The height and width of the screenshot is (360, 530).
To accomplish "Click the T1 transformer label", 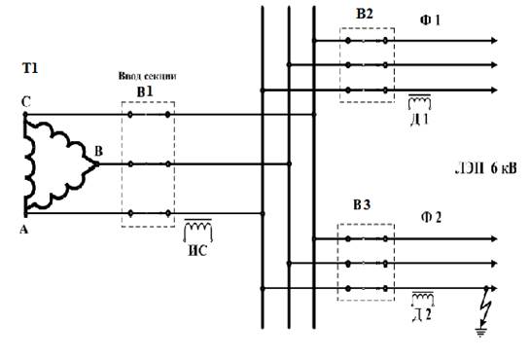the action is coord(30,68).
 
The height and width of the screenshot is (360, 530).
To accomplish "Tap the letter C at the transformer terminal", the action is coord(25,102).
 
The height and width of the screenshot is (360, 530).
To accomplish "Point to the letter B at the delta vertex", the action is coord(98,151).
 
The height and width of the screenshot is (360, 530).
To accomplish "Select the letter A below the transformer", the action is coord(23,230).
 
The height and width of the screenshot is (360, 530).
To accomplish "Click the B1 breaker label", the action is coord(145,91).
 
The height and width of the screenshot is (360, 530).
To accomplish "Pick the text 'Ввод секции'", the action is coord(148,76).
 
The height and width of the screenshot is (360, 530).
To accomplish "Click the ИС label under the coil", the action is coord(197,251).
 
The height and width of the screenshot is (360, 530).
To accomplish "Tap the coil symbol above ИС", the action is coord(198,230).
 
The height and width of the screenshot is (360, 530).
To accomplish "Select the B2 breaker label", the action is coord(365,14).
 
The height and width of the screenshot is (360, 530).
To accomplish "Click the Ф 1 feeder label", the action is coord(430,20).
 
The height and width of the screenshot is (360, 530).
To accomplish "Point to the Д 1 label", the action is coord(419,120).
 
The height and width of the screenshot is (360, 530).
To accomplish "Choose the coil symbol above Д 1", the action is coord(419,102).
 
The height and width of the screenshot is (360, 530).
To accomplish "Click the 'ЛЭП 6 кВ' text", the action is coord(485,168).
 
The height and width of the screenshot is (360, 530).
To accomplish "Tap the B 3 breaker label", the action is coord(362,205).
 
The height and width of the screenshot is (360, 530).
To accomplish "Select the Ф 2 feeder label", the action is coord(432,217).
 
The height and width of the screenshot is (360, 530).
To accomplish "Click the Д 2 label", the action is coord(422,315).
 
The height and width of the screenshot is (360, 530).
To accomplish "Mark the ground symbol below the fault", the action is coord(480,333).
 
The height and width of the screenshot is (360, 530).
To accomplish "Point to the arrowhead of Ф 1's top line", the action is coord(494,41).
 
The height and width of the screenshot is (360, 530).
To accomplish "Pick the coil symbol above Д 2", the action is coord(423,299).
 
